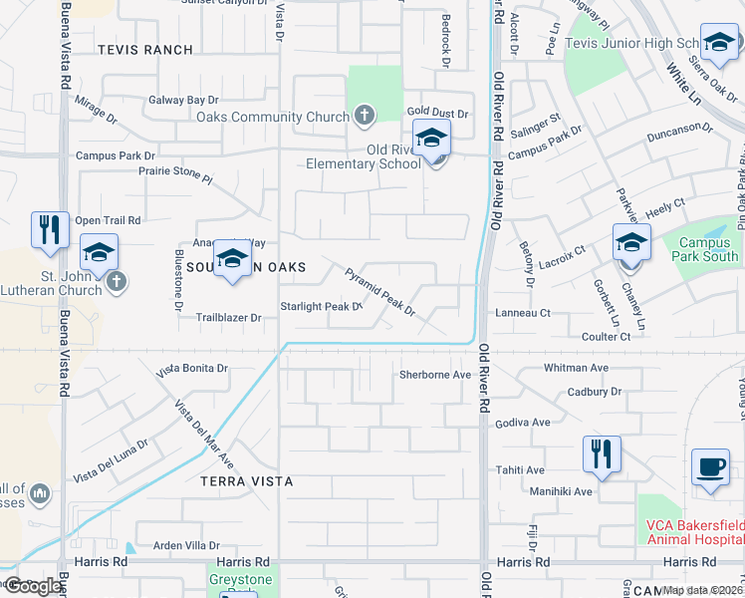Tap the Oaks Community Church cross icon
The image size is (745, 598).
tap(364, 116)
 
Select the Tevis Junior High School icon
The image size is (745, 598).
tap(717, 45)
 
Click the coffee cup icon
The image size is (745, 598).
tap(710, 467)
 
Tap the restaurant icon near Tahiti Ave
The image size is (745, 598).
tap(603, 453)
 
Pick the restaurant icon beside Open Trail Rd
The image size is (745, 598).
tap(48, 229)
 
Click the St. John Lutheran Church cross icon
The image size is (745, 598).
tap(117, 280)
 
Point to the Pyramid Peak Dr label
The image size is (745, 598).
tap(379, 291)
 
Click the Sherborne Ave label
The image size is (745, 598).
tap(434, 375)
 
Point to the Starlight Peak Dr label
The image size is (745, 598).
tap(319, 306)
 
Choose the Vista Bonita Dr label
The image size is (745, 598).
tap(193, 369)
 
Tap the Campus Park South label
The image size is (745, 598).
tap(708, 249)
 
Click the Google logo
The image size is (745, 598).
tap(32, 586)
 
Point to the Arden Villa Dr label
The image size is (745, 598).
tap(186, 545)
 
